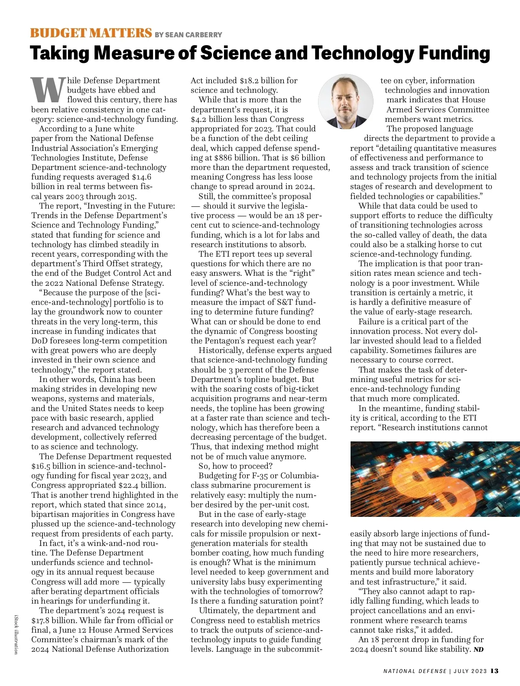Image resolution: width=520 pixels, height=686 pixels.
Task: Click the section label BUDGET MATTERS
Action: click(91, 33)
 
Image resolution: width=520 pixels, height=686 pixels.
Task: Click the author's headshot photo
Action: click(345, 101)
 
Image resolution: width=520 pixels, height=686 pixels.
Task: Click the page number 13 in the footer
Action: click(494, 671)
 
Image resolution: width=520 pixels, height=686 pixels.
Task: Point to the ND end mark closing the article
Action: click(478, 650)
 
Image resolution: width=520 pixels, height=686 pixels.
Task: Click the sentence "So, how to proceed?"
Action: click(235, 466)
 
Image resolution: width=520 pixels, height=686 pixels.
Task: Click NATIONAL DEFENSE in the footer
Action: click(415, 671)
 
